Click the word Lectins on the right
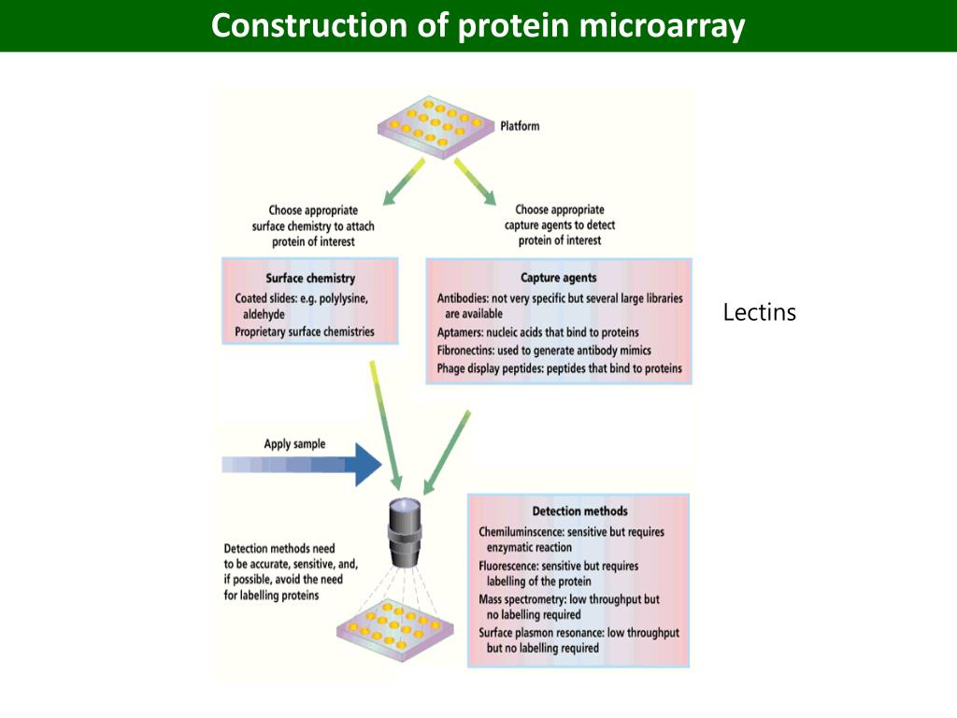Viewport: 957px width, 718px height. [759, 312]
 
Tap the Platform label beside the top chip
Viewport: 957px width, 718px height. [520, 126]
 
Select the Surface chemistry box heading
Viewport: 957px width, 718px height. [310, 279]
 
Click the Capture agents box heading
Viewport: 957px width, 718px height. [558, 278]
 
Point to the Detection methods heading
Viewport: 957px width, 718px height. [579, 511]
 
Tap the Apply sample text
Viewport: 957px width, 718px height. [294, 444]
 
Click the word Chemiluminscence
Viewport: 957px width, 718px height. [522, 532]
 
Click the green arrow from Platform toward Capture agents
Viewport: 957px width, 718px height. [475, 180]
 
